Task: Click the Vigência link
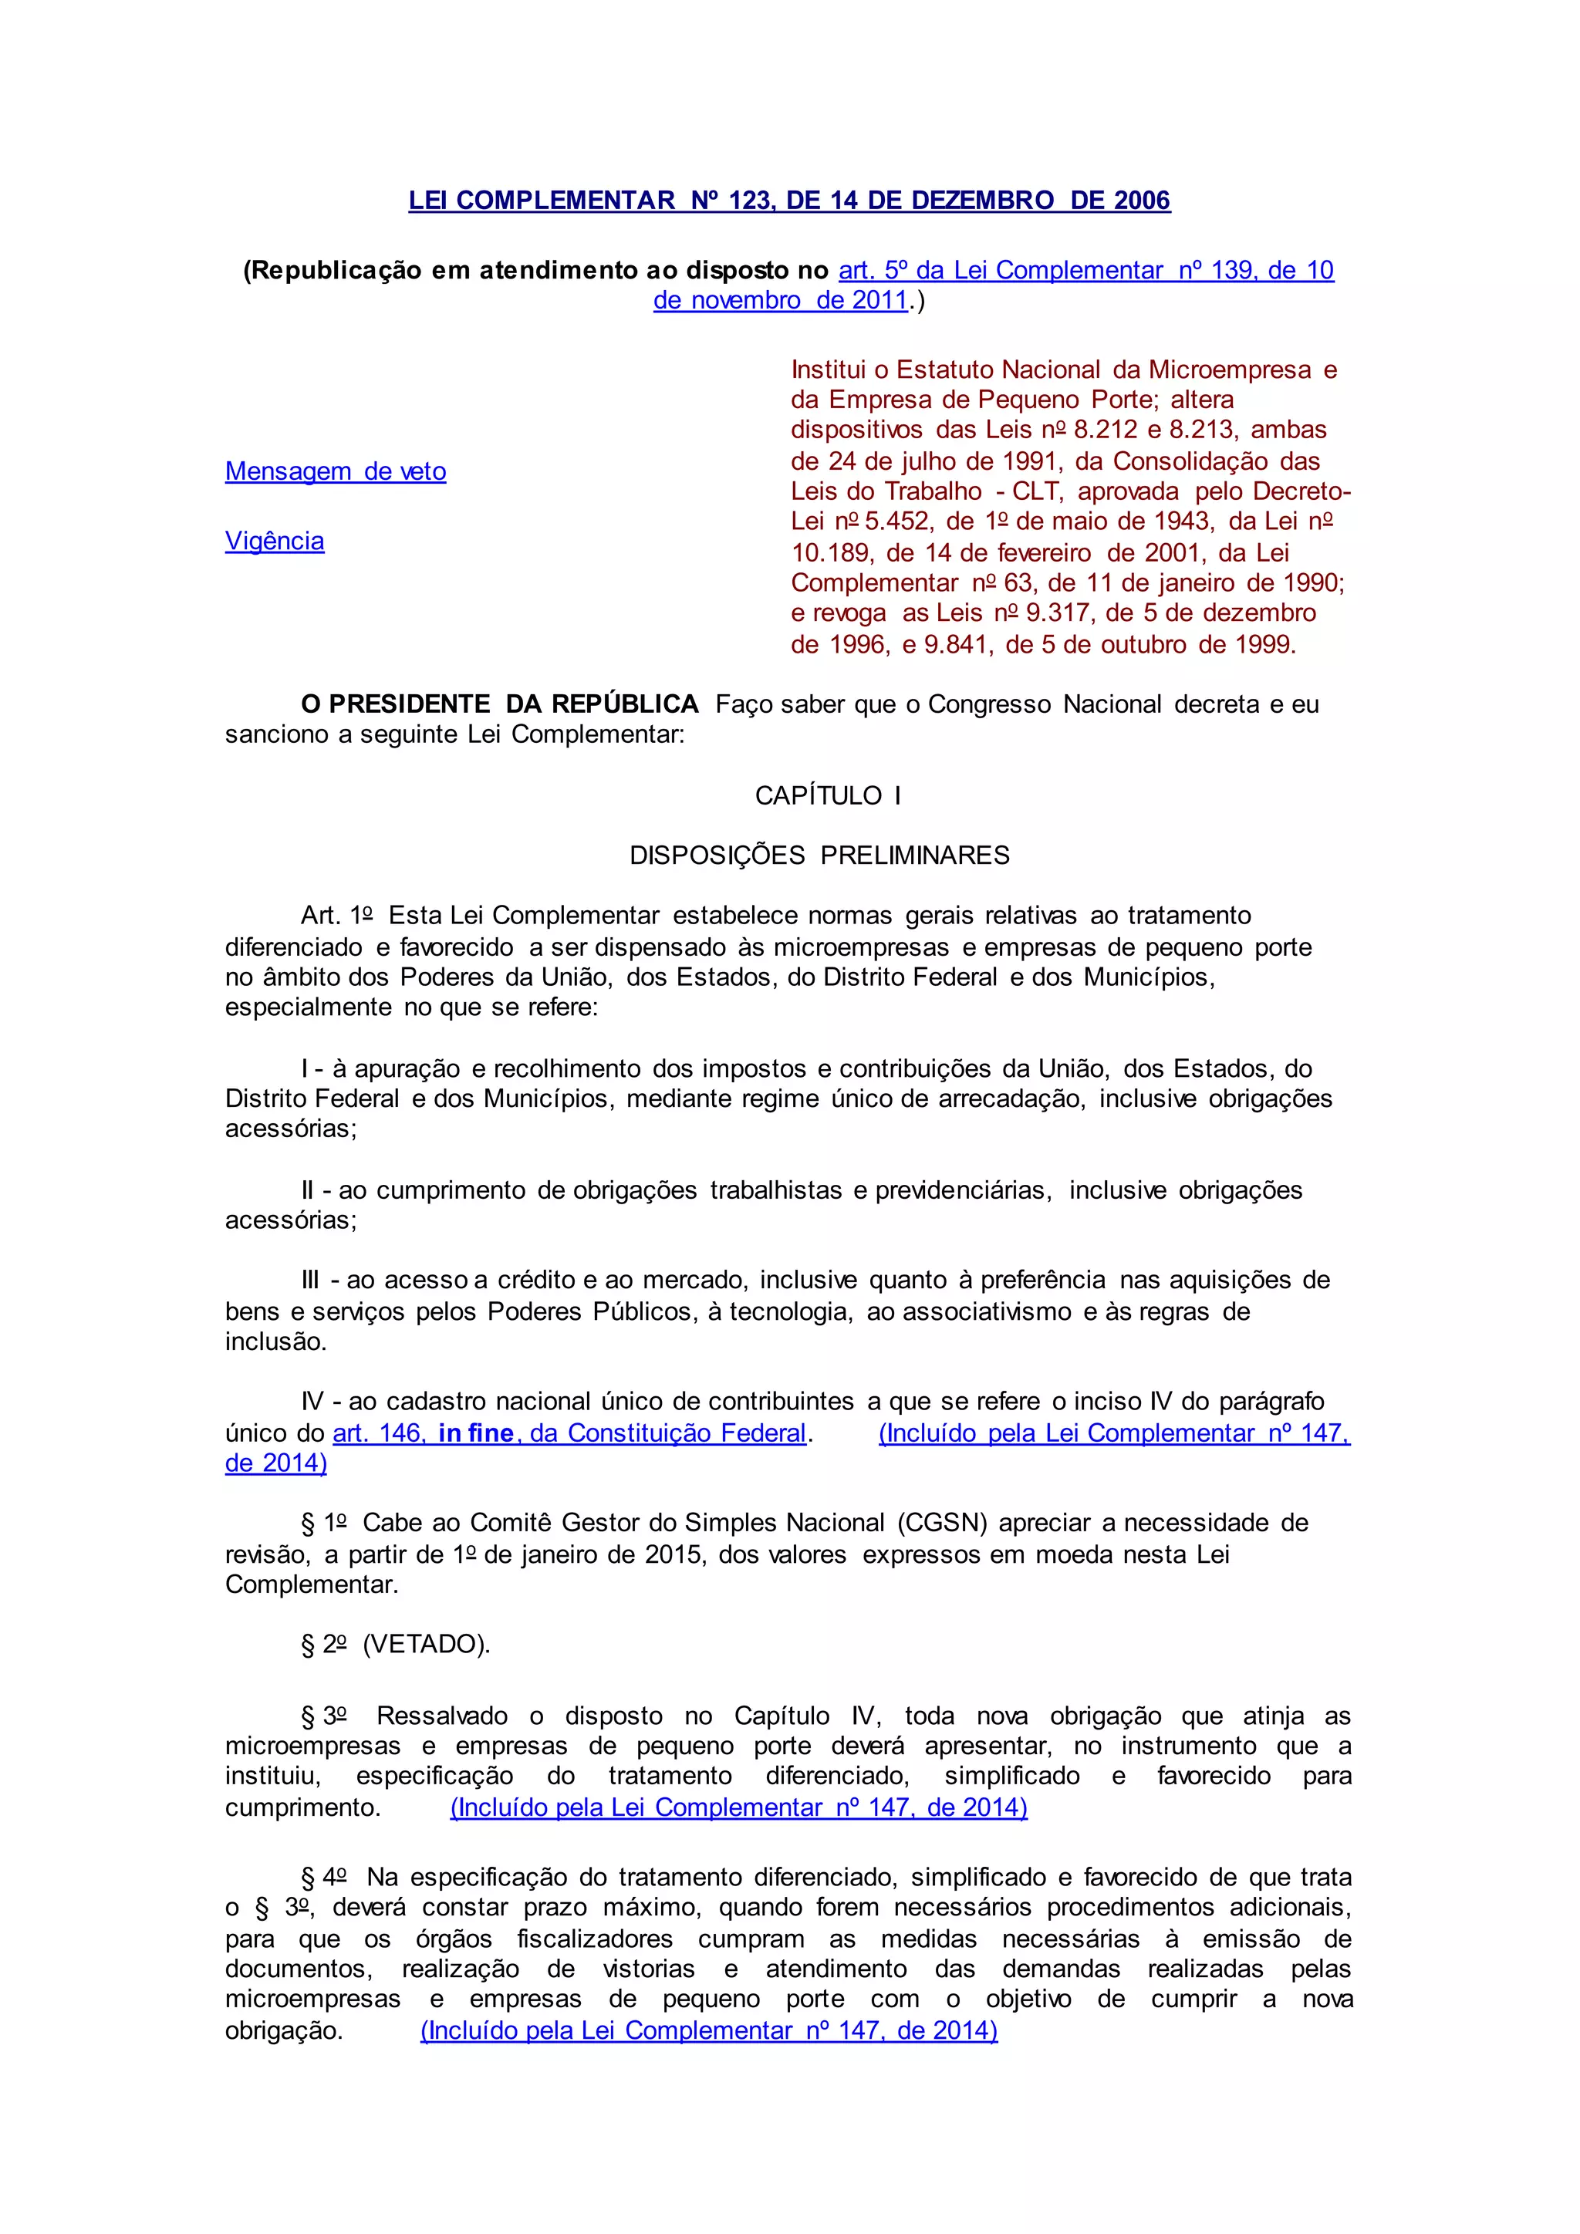click(275, 541)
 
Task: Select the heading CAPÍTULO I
click(827, 795)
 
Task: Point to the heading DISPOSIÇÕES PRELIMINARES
click(819, 855)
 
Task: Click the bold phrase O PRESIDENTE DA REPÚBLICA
click(499, 704)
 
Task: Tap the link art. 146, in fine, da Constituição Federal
click(569, 1433)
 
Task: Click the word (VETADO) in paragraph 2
click(424, 1645)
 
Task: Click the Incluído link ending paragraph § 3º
click(738, 1808)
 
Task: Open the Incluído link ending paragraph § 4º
click(708, 2030)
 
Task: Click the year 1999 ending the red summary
click(1264, 644)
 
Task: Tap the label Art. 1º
click(336, 916)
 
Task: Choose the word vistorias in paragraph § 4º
click(649, 1969)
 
